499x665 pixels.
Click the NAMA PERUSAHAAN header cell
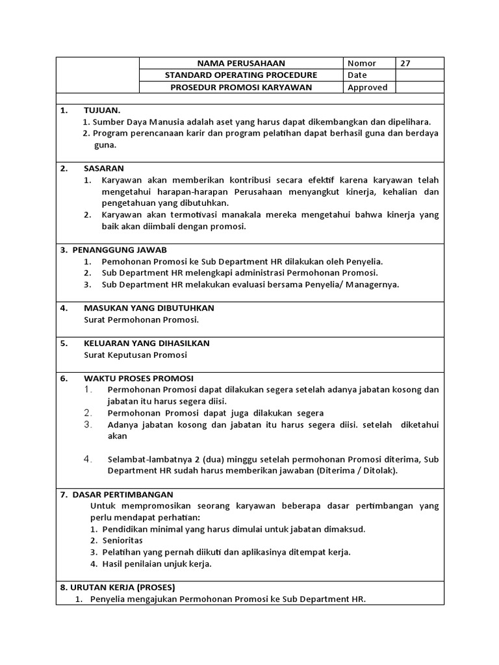241,64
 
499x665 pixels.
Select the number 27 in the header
405,64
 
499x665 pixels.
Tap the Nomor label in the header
362,64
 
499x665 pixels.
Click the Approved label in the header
367,88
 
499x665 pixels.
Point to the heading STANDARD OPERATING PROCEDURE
241,75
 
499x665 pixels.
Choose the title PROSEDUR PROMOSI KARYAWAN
241,88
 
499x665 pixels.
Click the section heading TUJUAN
102,110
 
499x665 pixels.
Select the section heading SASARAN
103,168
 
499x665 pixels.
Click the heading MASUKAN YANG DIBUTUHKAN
149,308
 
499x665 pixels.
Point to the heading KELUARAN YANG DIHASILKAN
146,343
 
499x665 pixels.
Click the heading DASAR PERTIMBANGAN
123,494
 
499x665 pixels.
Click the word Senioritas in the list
123,540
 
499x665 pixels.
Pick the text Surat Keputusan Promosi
135,355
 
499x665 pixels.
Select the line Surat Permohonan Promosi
141,320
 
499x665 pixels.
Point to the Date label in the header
357,75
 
